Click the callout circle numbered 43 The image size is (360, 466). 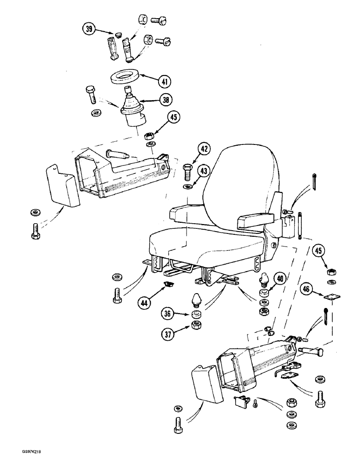point(203,171)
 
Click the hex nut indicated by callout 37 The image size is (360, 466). point(192,325)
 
